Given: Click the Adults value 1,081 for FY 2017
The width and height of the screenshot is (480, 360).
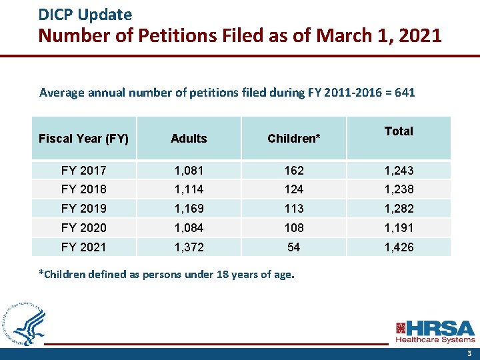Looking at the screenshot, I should point(189,171).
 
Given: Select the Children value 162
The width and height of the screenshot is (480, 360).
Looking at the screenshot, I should point(293,171).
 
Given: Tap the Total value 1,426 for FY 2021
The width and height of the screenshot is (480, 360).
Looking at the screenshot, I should point(399,247).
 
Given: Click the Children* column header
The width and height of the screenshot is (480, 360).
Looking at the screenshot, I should point(293,139).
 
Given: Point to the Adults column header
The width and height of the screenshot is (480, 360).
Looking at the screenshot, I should point(189,139).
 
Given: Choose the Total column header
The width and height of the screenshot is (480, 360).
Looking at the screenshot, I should point(399,131).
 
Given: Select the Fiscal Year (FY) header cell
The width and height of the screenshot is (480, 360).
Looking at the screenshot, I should point(83,139).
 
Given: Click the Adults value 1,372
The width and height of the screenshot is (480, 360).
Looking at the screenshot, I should point(189,247).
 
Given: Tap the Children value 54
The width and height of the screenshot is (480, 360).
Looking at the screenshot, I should point(293,247).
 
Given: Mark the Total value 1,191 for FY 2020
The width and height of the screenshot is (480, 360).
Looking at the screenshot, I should point(399,228).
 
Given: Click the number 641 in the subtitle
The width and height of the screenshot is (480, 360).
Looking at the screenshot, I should point(405,93).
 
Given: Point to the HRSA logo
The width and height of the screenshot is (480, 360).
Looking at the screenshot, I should point(435,331).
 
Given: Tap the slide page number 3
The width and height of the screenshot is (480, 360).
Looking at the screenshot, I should point(469,353).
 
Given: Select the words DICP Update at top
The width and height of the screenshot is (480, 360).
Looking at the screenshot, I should point(85,14).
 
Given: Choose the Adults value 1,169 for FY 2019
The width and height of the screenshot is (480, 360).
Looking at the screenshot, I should point(189,209).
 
